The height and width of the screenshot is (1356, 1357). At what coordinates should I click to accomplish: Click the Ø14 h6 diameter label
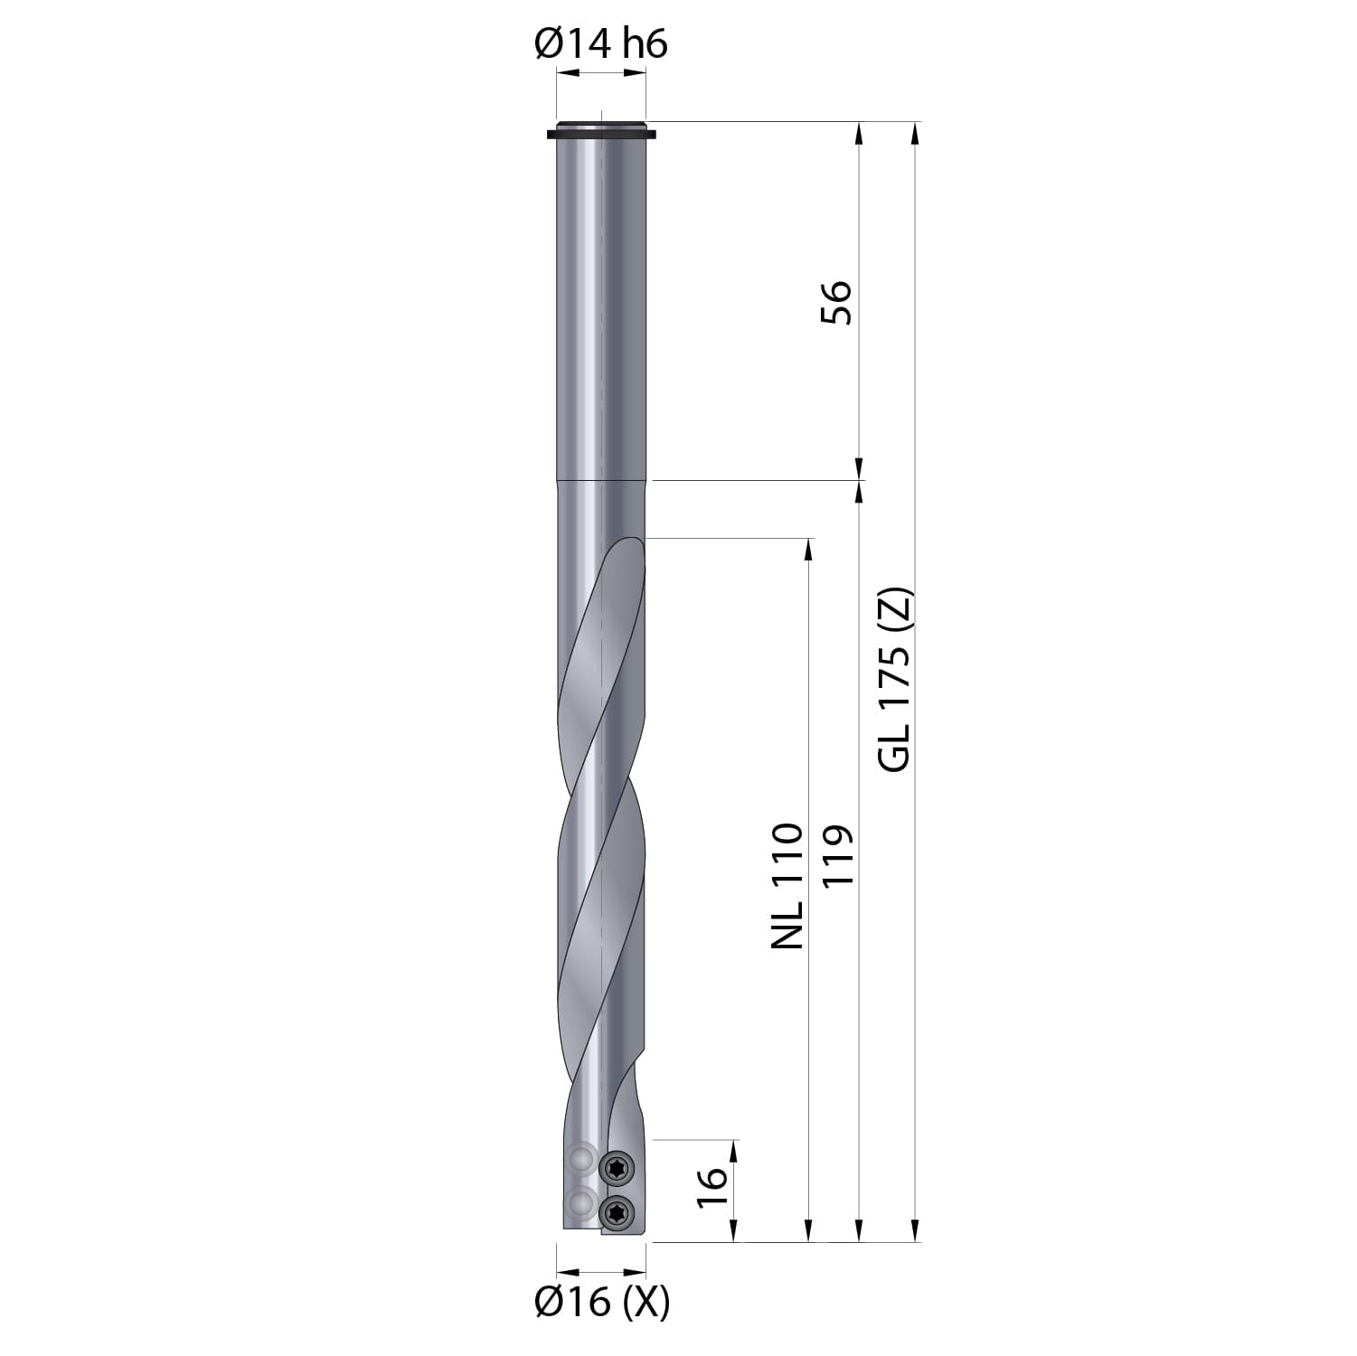[x=601, y=43]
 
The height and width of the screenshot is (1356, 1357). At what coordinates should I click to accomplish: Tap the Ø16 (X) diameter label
[x=602, y=1302]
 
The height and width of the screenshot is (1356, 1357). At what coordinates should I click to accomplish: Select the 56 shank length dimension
[x=836, y=302]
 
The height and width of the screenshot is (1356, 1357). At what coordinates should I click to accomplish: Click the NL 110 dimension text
[x=787, y=886]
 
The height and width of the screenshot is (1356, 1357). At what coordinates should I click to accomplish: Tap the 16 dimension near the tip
[x=712, y=1187]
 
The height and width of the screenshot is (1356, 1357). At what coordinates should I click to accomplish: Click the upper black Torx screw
[x=617, y=1168]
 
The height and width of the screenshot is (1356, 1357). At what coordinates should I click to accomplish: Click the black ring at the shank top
[x=601, y=132]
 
